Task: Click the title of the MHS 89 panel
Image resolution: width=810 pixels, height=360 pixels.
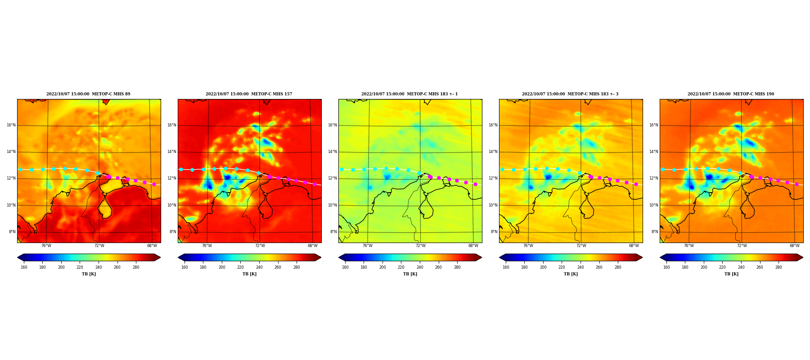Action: point(88,94)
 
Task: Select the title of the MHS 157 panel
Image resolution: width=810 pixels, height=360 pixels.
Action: point(249,94)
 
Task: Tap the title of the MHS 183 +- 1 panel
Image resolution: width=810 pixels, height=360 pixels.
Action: point(409,94)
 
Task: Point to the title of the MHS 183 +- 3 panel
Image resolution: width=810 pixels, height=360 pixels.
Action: point(570,94)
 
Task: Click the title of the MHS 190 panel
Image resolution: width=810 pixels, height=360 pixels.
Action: point(731,94)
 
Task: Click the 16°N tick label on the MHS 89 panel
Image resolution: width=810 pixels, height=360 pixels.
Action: point(11,125)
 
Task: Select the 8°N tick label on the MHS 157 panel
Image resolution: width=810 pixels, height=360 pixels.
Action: point(173,232)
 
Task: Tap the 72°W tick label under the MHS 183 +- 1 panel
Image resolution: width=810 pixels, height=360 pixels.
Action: point(420,246)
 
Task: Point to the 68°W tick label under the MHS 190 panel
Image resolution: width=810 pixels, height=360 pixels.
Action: point(795,246)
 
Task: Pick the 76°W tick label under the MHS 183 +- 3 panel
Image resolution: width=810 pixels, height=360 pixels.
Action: point(528,246)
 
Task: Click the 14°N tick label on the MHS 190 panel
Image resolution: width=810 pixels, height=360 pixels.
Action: point(654,152)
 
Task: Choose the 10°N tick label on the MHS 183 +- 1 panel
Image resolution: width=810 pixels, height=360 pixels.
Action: point(333,205)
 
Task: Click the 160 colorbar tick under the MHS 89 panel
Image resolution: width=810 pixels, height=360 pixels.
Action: point(24,267)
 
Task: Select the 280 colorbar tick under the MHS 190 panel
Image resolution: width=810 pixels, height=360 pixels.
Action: point(778,267)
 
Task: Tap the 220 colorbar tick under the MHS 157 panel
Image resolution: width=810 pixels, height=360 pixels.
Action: point(240,267)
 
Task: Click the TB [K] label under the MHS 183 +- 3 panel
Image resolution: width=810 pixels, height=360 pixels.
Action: point(571,274)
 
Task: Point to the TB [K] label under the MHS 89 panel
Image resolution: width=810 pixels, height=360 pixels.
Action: point(89,274)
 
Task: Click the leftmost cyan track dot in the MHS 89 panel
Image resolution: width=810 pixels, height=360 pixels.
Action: point(20,169)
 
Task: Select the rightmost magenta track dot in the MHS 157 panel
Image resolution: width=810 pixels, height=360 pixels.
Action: point(315,184)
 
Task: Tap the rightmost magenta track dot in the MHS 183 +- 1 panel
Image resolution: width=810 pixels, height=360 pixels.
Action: point(475,184)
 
